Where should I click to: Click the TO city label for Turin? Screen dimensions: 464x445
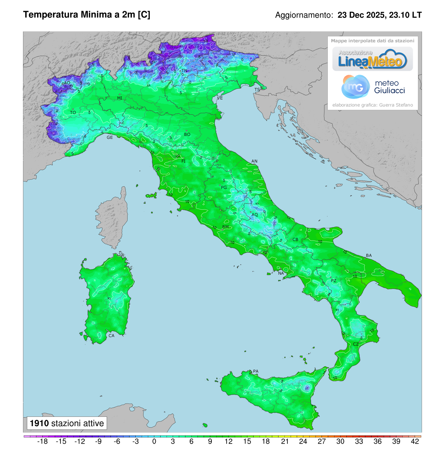[73, 112]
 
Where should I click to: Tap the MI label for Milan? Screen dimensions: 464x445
[119, 98]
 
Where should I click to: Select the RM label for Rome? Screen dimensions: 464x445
[225, 227]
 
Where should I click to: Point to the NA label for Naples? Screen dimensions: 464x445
[281, 274]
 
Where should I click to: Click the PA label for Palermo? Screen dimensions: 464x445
[256, 371]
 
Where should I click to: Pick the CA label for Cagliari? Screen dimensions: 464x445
[111, 336]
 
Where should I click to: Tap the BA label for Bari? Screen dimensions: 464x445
[369, 255]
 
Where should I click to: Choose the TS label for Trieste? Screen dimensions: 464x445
[257, 90]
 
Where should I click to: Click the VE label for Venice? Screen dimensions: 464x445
[220, 98]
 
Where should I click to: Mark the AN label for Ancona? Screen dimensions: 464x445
[254, 161]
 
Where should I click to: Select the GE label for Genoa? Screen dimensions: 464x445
[110, 137]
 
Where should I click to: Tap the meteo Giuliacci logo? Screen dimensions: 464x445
[373, 87]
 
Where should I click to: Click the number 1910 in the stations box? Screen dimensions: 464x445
[39, 424]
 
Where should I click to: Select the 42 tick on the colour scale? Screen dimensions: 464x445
[415, 441]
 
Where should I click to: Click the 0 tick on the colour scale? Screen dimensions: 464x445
[154, 441]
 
